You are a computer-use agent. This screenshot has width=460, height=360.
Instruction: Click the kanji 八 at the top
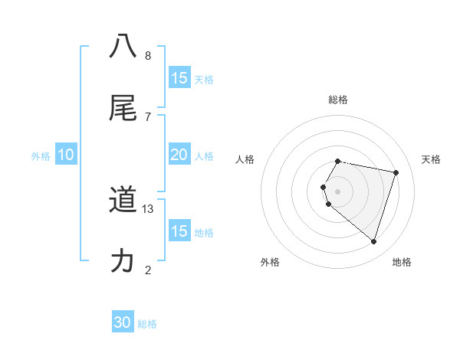coord(123,45)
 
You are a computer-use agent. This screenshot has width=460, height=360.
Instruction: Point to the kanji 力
coord(123,261)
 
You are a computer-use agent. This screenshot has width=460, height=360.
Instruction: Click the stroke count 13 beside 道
coord(148,209)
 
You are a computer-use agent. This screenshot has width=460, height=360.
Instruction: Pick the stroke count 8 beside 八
coord(148,55)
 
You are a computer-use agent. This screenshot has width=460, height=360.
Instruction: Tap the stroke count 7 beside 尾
coord(148,116)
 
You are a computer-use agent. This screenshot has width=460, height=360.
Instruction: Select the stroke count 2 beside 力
coord(148,270)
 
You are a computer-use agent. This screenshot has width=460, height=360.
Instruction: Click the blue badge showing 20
coord(179,155)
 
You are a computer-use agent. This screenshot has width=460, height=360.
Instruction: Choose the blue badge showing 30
coord(123,322)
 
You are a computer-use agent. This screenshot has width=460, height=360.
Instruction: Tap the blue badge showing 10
coord(66,155)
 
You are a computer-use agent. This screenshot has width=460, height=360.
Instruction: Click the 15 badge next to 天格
coord(179,78)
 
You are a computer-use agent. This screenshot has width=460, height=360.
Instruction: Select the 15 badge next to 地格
coord(179,231)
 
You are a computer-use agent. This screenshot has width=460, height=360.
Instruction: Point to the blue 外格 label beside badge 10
coord(41,156)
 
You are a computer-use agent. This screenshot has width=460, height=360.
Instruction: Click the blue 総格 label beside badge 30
coord(148,324)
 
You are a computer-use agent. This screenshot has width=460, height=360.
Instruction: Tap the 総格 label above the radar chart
coord(338,100)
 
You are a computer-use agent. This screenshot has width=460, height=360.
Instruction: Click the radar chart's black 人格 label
coord(245,159)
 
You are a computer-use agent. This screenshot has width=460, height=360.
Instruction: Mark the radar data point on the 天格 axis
coord(396,172)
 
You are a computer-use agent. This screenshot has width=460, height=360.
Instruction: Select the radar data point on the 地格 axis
coord(373,241)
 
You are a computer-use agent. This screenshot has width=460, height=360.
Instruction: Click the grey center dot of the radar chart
coord(338,191)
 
